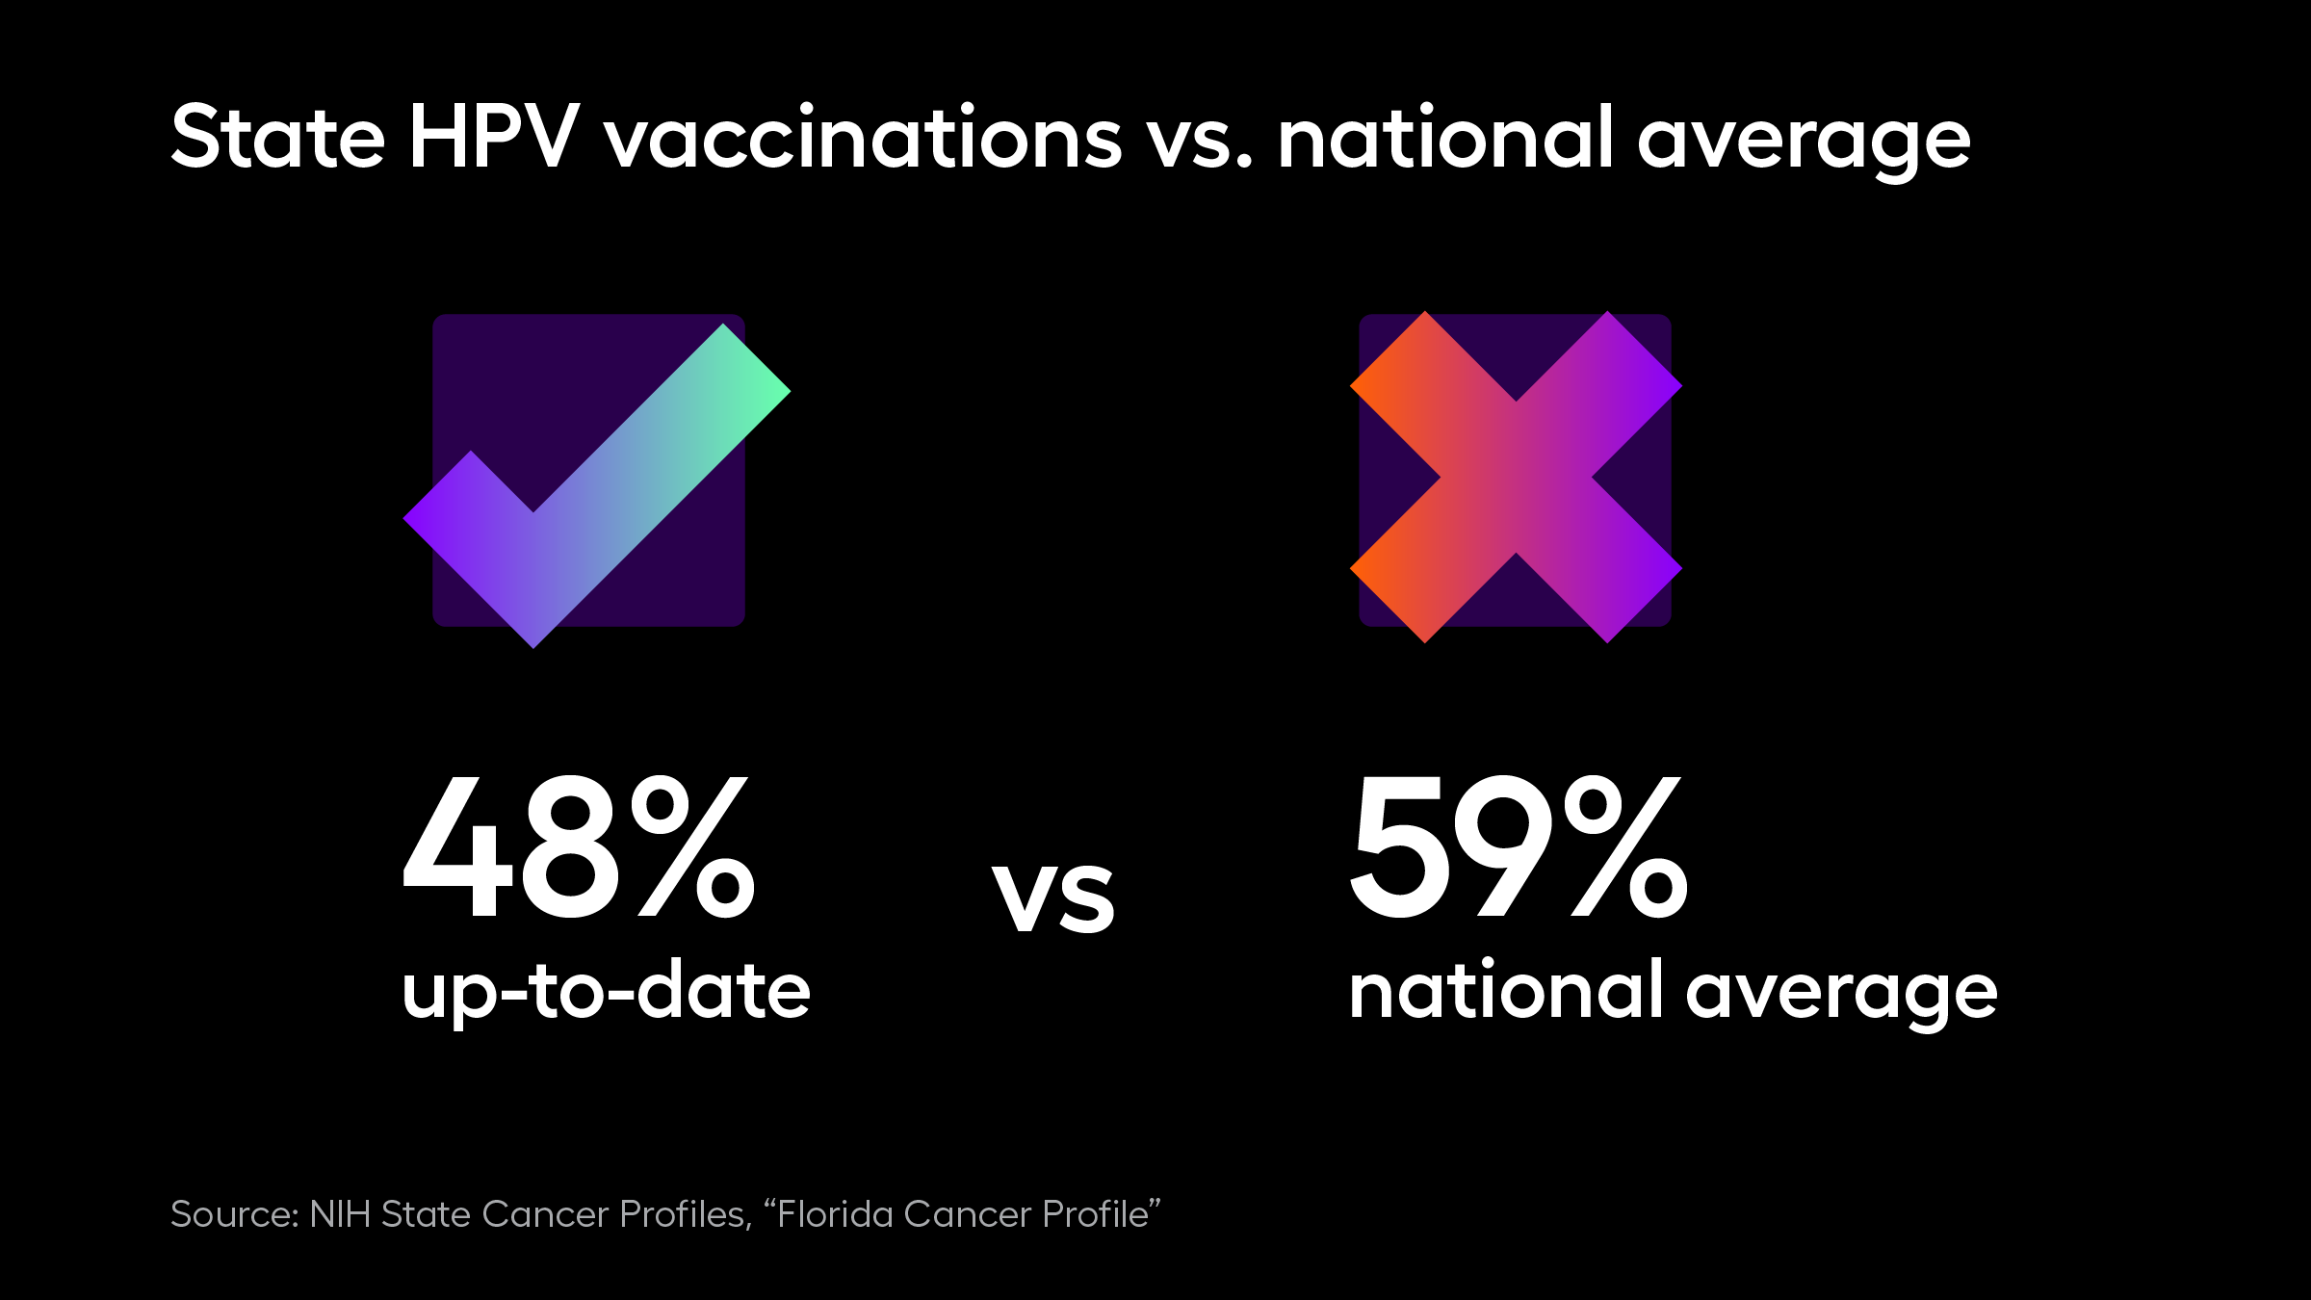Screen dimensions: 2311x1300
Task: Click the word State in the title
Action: coord(278,137)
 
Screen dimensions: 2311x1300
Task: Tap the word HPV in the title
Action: coord(494,137)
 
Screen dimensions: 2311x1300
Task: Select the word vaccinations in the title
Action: coord(863,137)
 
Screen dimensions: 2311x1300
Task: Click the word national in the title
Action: coord(1444,137)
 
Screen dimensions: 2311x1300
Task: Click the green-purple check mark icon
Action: coord(596,486)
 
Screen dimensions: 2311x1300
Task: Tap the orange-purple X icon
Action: coord(1516,477)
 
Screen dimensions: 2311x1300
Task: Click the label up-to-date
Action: coord(606,992)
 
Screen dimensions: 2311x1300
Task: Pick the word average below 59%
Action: coord(1841,997)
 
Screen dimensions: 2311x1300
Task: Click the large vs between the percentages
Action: coord(1054,897)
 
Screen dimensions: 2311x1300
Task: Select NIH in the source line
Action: coord(340,1214)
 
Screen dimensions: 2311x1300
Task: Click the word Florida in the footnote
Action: coord(834,1214)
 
